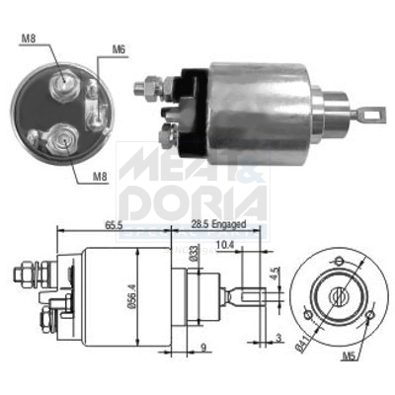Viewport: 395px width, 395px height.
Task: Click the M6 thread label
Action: pos(118,49)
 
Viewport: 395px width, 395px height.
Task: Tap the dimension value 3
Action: pos(280,338)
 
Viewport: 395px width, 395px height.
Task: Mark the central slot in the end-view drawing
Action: pos(338,293)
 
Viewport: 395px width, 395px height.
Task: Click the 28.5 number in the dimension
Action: pos(198,225)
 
